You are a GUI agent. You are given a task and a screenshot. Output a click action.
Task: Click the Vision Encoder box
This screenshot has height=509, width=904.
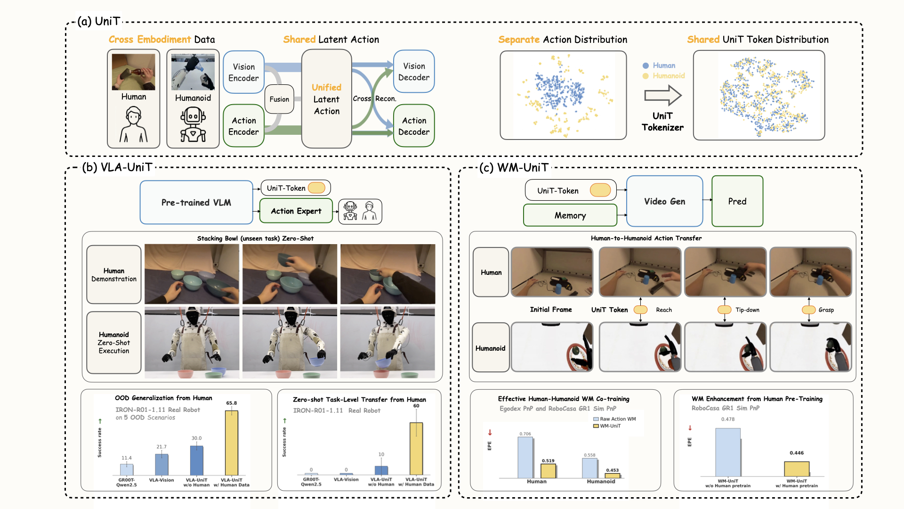point(243,72)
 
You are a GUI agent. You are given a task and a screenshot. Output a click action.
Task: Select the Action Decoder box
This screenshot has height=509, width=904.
point(413,126)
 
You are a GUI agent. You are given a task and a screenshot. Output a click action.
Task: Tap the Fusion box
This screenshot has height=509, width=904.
point(279,99)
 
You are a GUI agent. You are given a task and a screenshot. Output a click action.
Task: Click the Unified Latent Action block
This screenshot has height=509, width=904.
point(326,99)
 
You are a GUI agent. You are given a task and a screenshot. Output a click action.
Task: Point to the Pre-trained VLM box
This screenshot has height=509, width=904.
point(196,202)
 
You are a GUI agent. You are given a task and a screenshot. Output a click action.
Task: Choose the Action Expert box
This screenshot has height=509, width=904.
point(296,211)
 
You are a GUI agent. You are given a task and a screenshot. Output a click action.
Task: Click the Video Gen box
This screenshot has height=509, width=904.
point(664,201)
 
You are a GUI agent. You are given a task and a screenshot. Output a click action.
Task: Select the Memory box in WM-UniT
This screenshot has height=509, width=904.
point(570,215)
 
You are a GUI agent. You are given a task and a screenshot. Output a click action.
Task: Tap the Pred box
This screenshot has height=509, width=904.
point(737,201)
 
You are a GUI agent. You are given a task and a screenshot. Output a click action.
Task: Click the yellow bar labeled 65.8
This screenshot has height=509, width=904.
point(231,443)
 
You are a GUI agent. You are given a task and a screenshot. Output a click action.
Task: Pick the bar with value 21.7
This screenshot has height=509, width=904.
point(161,464)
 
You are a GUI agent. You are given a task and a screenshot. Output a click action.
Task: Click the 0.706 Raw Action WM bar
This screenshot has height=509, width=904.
point(525,457)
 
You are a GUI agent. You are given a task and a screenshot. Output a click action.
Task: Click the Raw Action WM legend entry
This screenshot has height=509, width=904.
point(614,419)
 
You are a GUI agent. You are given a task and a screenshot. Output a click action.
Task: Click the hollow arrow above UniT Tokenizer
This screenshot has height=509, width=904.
point(662,96)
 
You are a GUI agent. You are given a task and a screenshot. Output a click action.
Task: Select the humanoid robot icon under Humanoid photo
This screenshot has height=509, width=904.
point(193,125)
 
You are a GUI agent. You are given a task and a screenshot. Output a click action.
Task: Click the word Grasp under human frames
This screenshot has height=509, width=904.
point(826,310)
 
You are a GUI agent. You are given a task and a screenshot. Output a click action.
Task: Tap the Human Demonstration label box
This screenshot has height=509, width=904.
point(114,274)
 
